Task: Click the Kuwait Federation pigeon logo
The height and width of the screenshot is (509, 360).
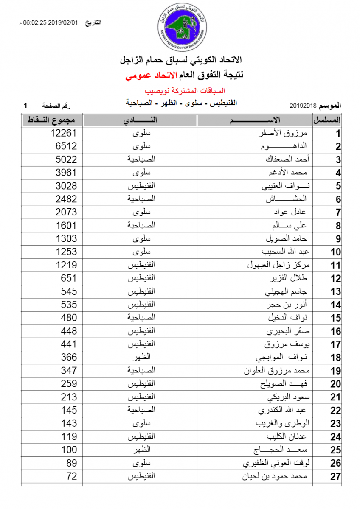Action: click(x=180, y=26)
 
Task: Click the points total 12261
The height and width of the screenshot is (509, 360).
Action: click(x=64, y=133)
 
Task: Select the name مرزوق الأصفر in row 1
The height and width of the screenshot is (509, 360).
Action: click(x=285, y=133)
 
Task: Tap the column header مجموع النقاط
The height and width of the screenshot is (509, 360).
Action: click(x=52, y=120)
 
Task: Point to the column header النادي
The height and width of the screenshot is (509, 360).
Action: click(x=140, y=120)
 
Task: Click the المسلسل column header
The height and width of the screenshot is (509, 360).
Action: click(x=327, y=120)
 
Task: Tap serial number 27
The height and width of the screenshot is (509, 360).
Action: click(x=336, y=476)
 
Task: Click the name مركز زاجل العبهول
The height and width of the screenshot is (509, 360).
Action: click(x=278, y=266)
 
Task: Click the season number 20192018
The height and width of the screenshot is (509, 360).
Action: click(x=304, y=105)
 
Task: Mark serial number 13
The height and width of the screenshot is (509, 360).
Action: click(x=336, y=292)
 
